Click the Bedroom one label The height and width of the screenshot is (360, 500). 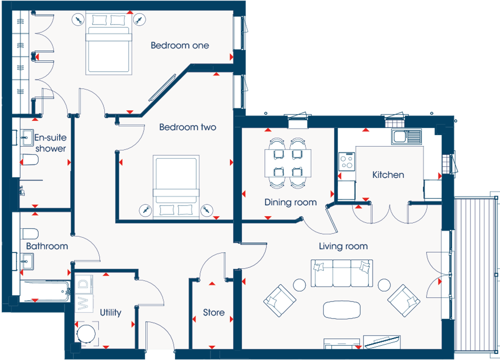tap(180, 45)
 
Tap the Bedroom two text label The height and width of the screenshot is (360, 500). tap(188, 127)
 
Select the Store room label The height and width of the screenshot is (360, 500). tap(213, 312)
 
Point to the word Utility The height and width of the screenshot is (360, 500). tap(110, 312)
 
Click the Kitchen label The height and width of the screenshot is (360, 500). tap(388, 174)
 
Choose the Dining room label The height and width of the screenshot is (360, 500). tap(290, 202)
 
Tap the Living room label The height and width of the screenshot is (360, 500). tap(343, 246)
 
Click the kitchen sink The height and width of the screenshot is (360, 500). tap(406, 136)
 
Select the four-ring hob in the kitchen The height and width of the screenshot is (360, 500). tap(346, 161)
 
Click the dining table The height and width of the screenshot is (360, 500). tap(288, 163)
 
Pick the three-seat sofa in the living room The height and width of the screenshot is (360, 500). tap(342, 273)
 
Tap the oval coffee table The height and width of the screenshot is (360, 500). tap(342, 309)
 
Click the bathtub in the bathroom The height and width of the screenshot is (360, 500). tap(45, 291)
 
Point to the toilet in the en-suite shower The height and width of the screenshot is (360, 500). tap(29, 160)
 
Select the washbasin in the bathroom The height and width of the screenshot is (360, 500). tap(27, 261)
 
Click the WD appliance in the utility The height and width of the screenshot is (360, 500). tap(84, 293)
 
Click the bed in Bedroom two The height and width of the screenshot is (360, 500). tap(176, 187)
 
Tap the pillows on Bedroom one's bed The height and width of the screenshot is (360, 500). tap(108, 20)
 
